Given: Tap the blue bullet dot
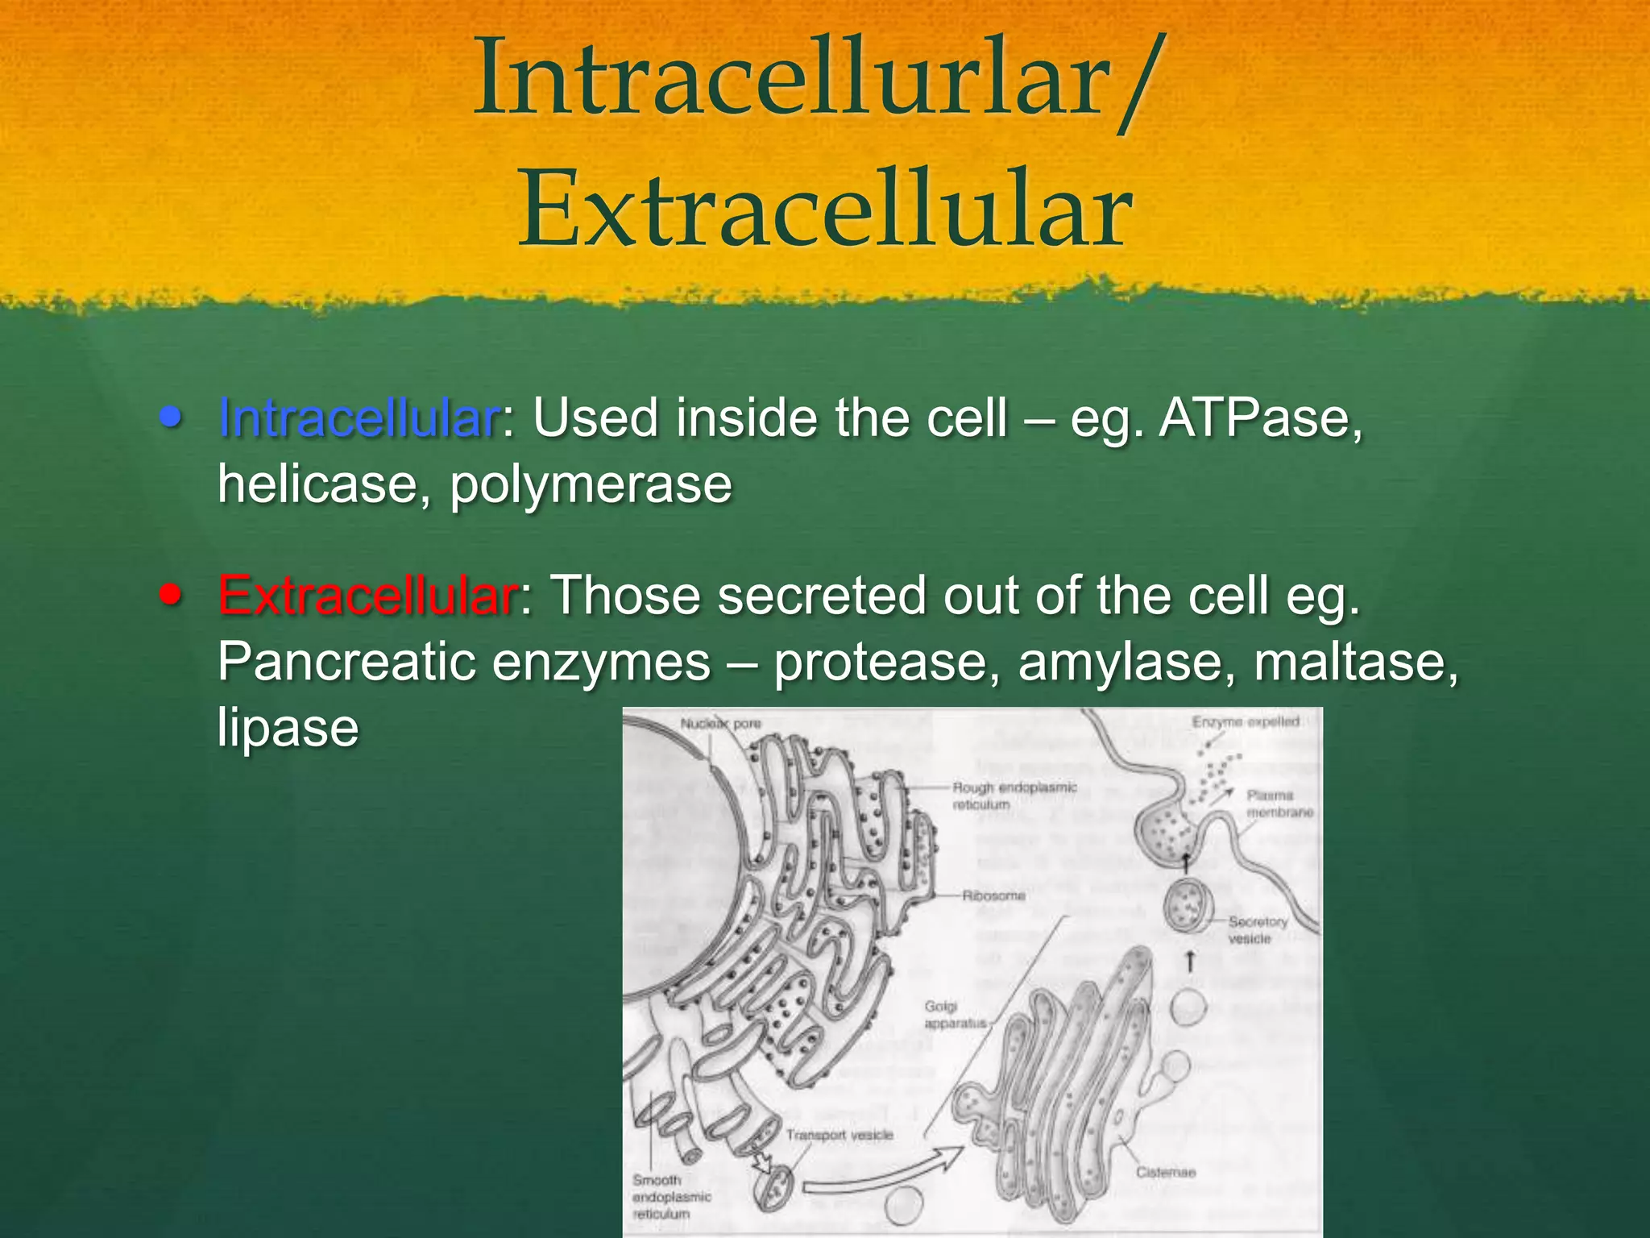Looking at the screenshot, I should [x=170, y=417].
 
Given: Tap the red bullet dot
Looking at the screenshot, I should [x=170, y=595].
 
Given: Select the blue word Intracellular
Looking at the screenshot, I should [x=359, y=418].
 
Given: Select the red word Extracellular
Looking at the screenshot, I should [x=367, y=596].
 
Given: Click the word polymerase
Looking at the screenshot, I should [x=591, y=484].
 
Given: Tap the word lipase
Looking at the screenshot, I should [x=288, y=729].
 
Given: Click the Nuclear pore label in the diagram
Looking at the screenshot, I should [x=720, y=724].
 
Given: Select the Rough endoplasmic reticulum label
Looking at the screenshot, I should [x=1014, y=796].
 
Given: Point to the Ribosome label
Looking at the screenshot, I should [x=993, y=895].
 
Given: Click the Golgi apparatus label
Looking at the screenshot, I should [x=955, y=1015].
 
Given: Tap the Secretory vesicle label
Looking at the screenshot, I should [x=1257, y=929].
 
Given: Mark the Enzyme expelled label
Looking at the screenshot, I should [x=1246, y=722].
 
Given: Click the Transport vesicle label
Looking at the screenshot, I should [x=840, y=1135].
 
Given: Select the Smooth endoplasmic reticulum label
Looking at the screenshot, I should [x=670, y=1197].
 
